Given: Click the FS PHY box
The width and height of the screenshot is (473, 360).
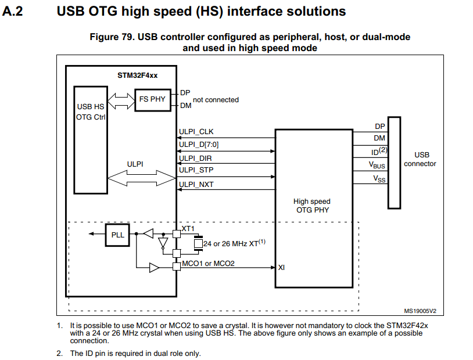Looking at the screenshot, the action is pyautogui.click(x=153, y=100).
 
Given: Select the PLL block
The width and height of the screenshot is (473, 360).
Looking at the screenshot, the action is pyautogui.click(x=117, y=235).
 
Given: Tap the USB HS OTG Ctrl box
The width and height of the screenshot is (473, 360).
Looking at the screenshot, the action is pyautogui.click(x=91, y=140).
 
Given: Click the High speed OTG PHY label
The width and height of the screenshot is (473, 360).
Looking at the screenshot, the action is pyautogui.click(x=312, y=206).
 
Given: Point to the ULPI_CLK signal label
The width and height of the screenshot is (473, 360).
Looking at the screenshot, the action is pyautogui.click(x=196, y=132).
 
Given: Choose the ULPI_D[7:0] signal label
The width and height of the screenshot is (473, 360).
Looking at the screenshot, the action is pyautogui.click(x=199, y=145).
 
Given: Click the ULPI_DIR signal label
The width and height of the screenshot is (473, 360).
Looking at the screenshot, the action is pyautogui.click(x=195, y=159).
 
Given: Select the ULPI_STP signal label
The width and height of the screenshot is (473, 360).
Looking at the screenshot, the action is pyautogui.click(x=196, y=170).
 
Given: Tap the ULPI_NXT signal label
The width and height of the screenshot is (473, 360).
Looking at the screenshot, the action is pyautogui.click(x=196, y=184).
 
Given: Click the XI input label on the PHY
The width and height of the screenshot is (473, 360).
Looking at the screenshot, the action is pyautogui.click(x=281, y=268).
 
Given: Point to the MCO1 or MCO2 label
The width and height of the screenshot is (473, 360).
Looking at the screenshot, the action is pyautogui.click(x=208, y=264).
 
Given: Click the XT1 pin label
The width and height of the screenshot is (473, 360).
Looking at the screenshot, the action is pyautogui.click(x=188, y=229).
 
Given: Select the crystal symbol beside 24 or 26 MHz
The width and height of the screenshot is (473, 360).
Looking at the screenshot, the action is pyautogui.click(x=198, y=243).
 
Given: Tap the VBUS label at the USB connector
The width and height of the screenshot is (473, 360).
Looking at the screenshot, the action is pyautogui.click(x=377, y=165).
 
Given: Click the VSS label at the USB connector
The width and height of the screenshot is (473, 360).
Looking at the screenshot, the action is pyautogui.click(x=379, y=179).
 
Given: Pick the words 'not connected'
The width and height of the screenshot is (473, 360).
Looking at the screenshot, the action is pyautogui.click(x=216, y=100).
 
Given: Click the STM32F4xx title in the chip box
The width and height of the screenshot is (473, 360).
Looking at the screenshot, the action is pyautogui.click(x=137, y=75).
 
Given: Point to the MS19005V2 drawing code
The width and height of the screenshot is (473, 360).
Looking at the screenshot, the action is pyautogui.click(x=420, y=311).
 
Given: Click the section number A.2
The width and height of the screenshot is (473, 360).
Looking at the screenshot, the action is pyautogui.click(x=12, y=12).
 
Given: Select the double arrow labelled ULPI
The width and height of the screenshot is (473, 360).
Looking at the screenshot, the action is pyautogui.click(x=141, y=178).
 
